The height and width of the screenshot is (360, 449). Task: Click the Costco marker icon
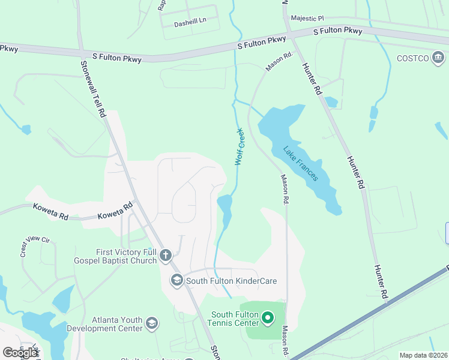point(438,58)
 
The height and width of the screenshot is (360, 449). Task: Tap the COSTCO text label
point(412,58)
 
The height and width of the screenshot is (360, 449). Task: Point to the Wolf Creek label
point(240,146)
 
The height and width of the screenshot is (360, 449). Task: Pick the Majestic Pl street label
point(307,19)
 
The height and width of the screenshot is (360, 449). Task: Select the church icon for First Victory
point(166,257)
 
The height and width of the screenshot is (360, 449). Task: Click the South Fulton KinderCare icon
point(177,280)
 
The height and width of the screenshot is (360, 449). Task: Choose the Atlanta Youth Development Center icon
point(152,324)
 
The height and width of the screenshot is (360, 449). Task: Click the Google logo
point(20,353)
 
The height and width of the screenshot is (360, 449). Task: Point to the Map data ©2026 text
point(424,355)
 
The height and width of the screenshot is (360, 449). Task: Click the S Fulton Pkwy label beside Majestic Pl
point(338,31)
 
